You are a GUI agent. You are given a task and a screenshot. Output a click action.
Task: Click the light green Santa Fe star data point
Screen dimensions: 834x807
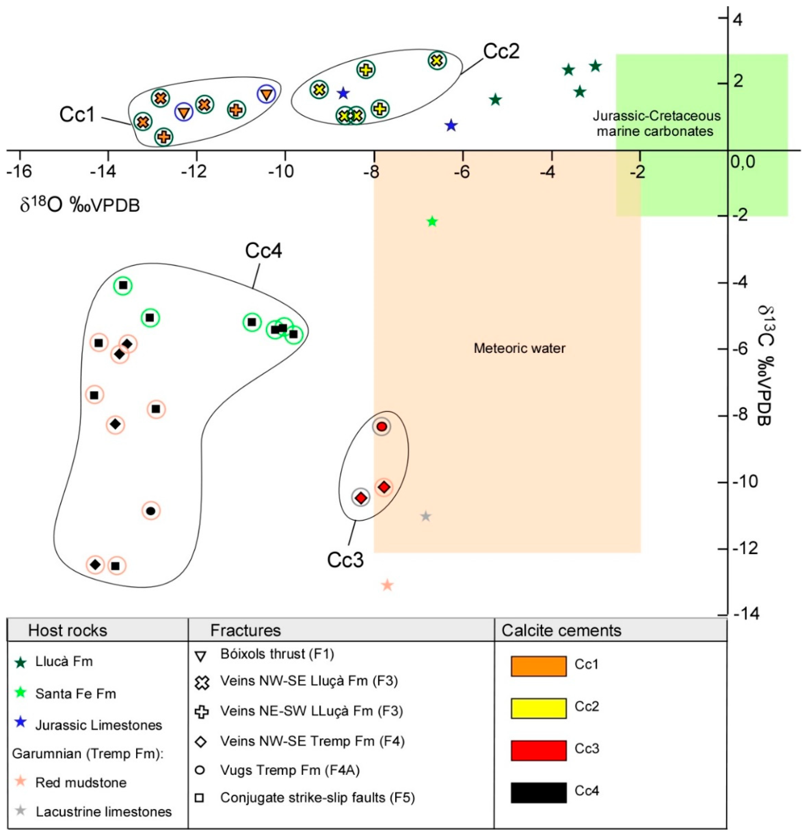coord(432,221)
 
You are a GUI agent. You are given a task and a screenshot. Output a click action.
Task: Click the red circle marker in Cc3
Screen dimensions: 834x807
coord(382,426)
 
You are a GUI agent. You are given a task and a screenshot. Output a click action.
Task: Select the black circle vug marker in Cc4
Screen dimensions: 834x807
coord(151,511)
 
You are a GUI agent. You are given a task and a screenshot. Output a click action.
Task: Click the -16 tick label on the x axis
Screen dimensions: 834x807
coord(19,171)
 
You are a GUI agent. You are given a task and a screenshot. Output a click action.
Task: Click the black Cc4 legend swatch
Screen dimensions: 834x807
coord(538,793)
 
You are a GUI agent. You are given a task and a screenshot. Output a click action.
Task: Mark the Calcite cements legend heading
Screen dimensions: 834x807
coord(561,630)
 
